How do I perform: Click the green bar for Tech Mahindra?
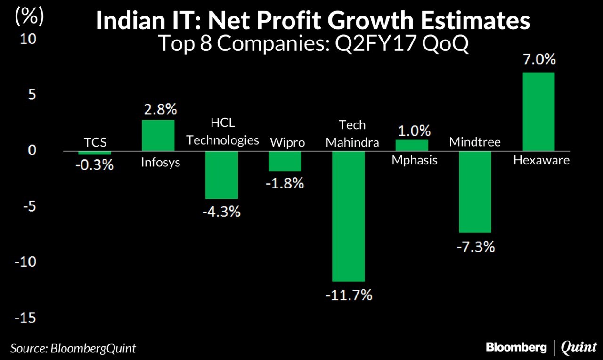(348, 216)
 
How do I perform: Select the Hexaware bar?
(538, 112)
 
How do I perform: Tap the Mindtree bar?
(475, 192)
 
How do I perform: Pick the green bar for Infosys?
(158, 136)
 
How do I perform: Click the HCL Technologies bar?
(221, 175)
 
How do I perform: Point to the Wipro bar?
(285, 161)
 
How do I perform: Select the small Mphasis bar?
(412, 146)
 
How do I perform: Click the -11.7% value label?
(349, 295)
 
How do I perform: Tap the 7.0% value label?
(538, 60)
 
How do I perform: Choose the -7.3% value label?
(475, 246)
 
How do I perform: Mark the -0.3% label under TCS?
(95, 165)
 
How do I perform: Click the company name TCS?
(95, 142)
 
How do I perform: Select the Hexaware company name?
(541, 160)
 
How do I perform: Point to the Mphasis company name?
(415, 160)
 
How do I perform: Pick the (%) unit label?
(29, 17)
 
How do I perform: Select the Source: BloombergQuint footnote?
(73, 348)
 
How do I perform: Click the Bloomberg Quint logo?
(541, 348)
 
